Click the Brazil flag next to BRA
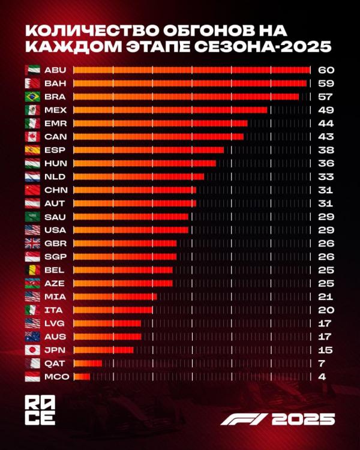[x=32, y=97]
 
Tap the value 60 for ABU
[x=326, y=70]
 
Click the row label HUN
[x=55, y=163]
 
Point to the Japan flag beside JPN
[x=32, y=350]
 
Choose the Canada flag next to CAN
[x=32, y=137]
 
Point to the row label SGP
[x=55, y=256]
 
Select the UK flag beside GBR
[x=32, y=243]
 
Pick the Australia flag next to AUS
[x=32, y=337]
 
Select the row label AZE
[x=55, y=283]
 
